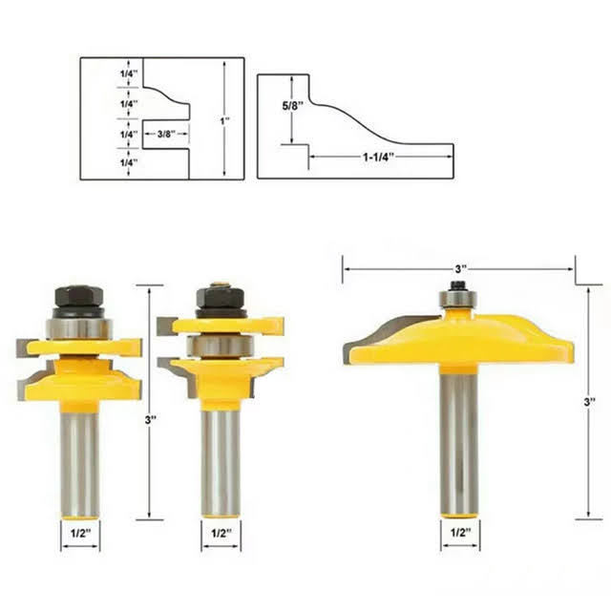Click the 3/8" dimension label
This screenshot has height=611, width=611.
(x=166, y=134)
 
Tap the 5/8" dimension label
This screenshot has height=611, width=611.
(x=293, y=106)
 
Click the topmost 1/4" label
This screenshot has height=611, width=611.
(x=129, y=74)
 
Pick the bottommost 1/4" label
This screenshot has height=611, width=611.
(x=129, y=162)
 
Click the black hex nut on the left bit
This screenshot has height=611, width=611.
(x=79, y=296)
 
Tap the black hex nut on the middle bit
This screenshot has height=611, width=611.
(x=221, y=297)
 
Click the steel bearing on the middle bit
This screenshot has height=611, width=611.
(x=221, y=347)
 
